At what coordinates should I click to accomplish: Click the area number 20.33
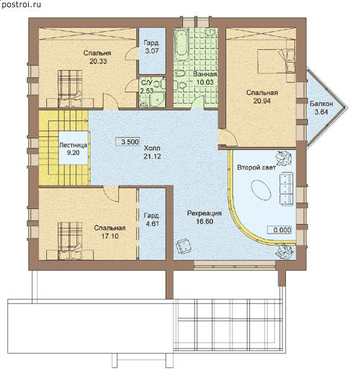tap(98, 61)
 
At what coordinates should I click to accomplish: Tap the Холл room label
tap(152, 148)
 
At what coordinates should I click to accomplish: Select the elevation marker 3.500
tap(128, 142)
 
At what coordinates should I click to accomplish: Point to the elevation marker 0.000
tap(279, 230)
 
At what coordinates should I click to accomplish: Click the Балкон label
tap(321, 104)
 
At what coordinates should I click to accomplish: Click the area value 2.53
tap(147, 91)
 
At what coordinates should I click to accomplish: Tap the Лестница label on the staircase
tap(73, 146)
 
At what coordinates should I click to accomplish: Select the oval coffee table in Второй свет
tap(261, 189)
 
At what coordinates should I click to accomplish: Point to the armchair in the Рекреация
tap(184, 246)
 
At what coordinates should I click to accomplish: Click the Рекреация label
tap(204, 213)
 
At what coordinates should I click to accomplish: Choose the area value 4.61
tap(153, 224)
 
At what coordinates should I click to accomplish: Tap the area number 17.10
tap(110, 236)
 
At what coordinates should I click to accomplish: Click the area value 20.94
tap(262, 101)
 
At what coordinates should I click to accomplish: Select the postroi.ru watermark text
tap(22, 4)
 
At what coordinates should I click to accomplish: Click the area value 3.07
tap(152, 51)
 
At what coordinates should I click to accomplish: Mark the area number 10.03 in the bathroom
tap(205, 82)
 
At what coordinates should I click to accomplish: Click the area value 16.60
tap(204, 222)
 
